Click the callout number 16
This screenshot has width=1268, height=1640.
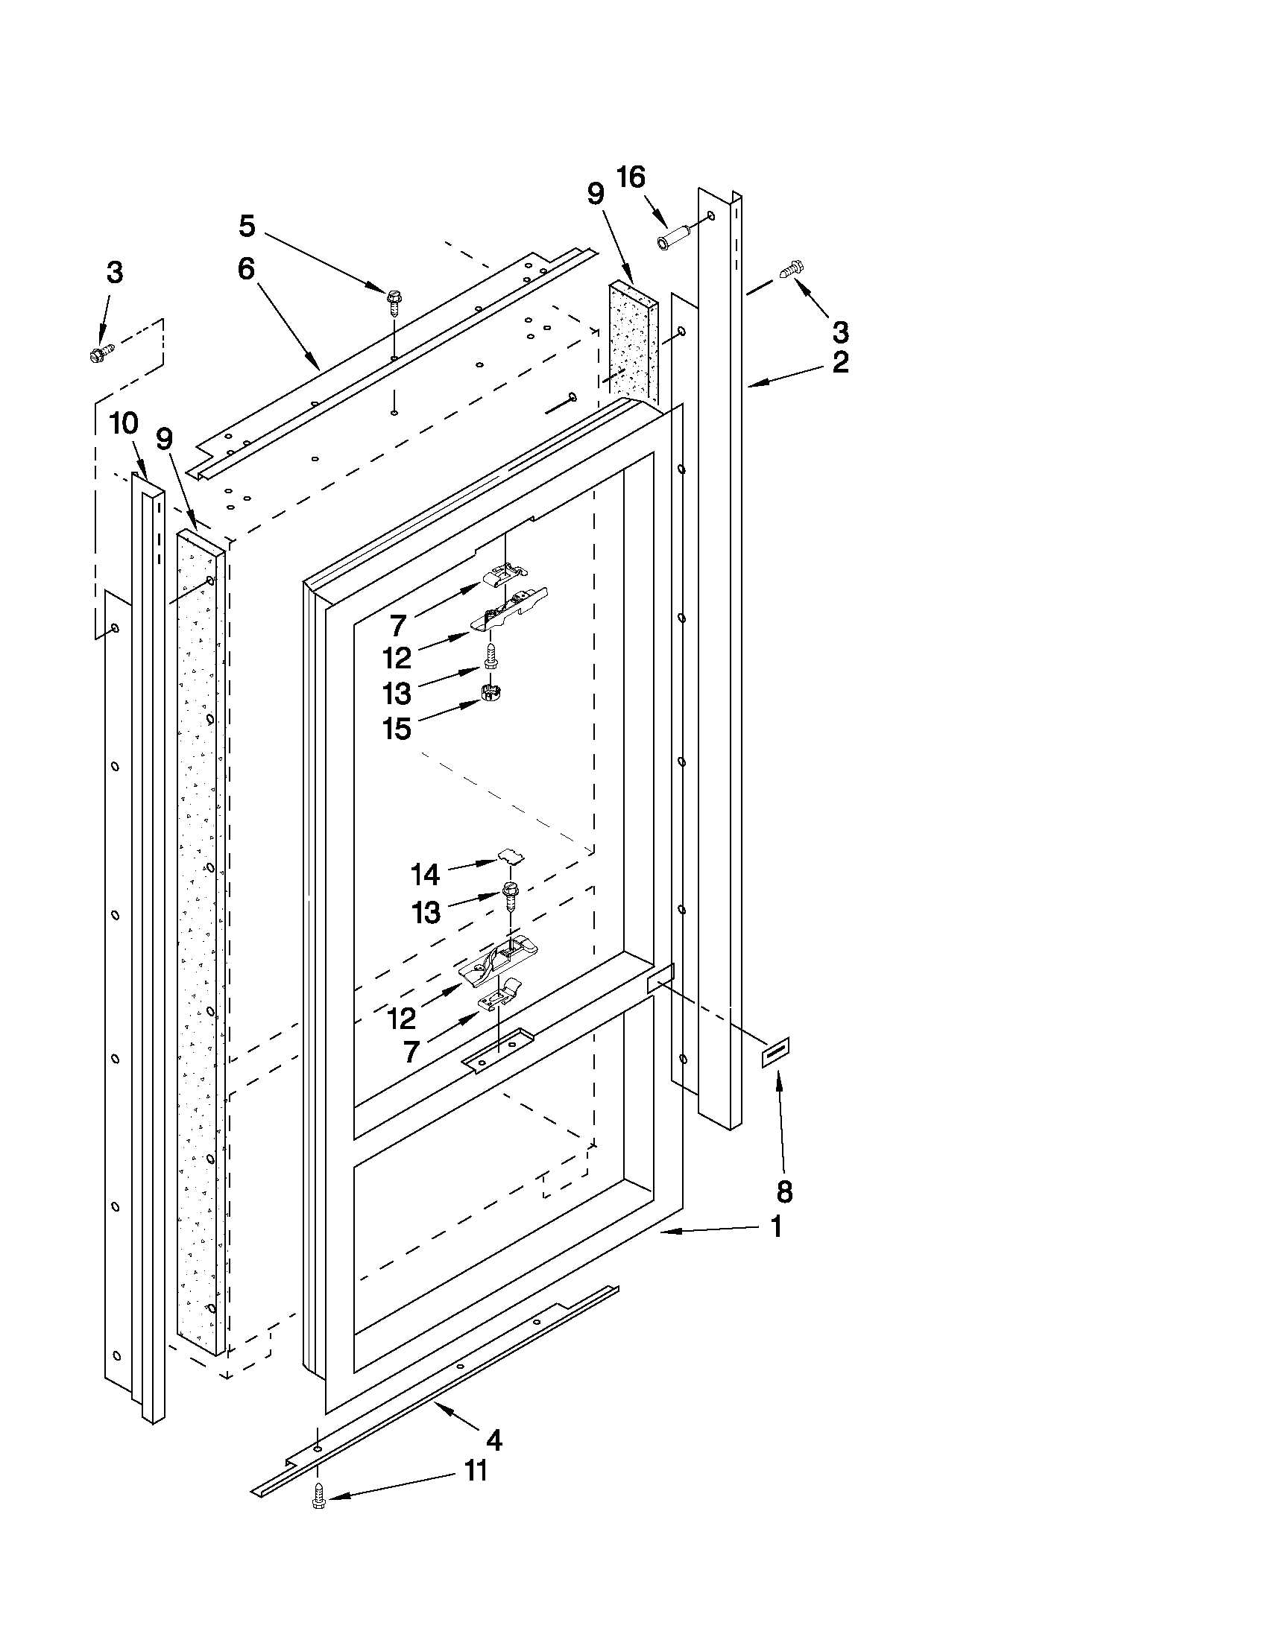click(630, 178)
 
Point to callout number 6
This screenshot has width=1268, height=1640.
click(246, 268)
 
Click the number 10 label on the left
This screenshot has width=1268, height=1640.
click(124, 423)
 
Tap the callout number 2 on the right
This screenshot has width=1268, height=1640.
click(840, 362)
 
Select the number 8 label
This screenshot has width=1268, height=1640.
click(783, 1191)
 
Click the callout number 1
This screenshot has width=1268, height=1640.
click(777, 1227)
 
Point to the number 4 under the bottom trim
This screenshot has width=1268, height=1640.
click(493, 1440)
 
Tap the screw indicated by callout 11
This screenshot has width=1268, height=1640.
click(318, 1502)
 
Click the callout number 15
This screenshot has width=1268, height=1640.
click(397, 729)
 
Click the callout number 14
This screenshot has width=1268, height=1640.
click(424, 874)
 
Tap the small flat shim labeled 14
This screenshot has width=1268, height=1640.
click(511, 856)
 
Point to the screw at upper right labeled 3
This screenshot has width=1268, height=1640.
click(792, 268)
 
